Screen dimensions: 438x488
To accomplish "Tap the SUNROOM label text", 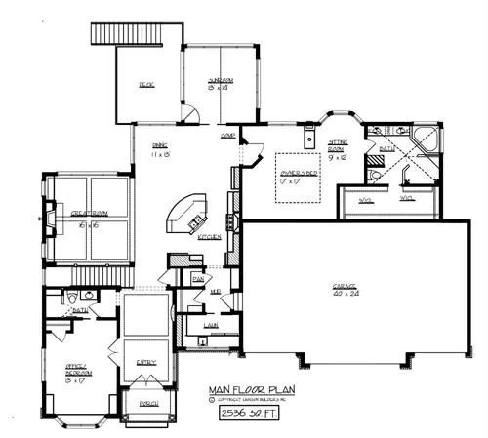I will pyautogui.click(x=218, y=83).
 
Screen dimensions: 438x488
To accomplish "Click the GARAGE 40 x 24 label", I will pyautogui.click(x=339, y=289).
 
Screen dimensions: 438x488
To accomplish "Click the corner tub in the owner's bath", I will pyautogui.click(x=427, y=139).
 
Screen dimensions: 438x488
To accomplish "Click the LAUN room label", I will pyautogui.click(x=209, y=327).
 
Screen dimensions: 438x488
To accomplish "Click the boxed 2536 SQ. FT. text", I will pyautogui.click(x=250, y=414).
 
